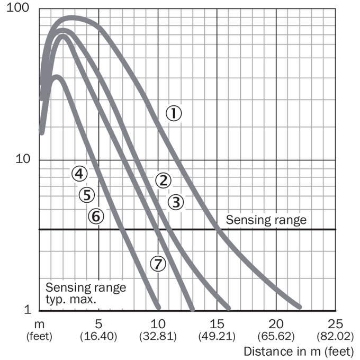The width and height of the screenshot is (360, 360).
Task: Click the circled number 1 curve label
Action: [x=174, y=113]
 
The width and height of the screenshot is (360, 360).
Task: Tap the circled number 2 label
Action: [x=163, y=181]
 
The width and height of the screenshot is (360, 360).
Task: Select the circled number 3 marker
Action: [x=176, y=202]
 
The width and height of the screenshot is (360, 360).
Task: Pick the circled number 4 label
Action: [x=79, y=174]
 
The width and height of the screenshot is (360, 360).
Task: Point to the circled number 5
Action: [x=87, y=195]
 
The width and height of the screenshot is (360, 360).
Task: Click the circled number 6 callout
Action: [x=96, y=216]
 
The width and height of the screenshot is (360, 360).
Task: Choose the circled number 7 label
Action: [x=158, y=264]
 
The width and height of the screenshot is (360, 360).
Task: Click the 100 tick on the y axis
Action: [x=18, y=7]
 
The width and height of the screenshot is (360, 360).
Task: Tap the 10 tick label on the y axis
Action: [x=23, y=159]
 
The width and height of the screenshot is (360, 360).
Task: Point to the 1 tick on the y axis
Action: [x=28, y=310]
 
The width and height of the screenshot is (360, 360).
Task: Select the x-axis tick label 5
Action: [x=98, y=324]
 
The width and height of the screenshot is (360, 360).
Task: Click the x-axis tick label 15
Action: [x=217, y=324]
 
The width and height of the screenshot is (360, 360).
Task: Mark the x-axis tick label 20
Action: [x=276, y=324]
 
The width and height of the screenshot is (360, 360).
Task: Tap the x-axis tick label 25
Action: [x=335, y=324]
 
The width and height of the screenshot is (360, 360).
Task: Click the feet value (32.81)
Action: [x=158, y=337]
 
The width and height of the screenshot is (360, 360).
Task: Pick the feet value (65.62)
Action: [x=276, y=337]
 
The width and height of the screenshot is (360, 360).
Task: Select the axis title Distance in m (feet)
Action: [x=299, y=352]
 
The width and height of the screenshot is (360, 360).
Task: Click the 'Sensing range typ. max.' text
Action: [x=86, y=293]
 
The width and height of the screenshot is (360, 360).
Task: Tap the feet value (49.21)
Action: [x=217, y=337]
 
